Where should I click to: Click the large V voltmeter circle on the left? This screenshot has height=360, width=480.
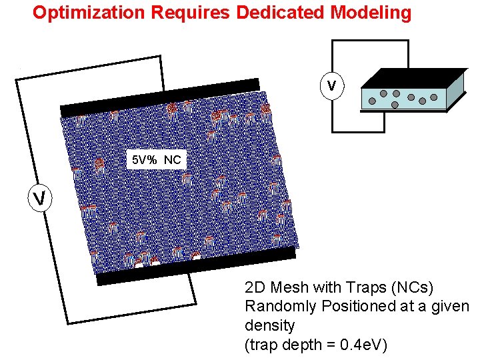(x=39, y=198)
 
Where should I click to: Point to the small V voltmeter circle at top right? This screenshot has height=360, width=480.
(x=331, y=86)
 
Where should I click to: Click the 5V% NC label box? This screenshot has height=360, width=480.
(x=155, y=160)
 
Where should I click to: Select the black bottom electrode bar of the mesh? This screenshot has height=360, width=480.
(x=196, y=264)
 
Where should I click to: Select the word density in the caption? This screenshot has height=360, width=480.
(x=270, y=326)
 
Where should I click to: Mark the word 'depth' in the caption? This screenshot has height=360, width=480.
(x=300, y=345)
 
